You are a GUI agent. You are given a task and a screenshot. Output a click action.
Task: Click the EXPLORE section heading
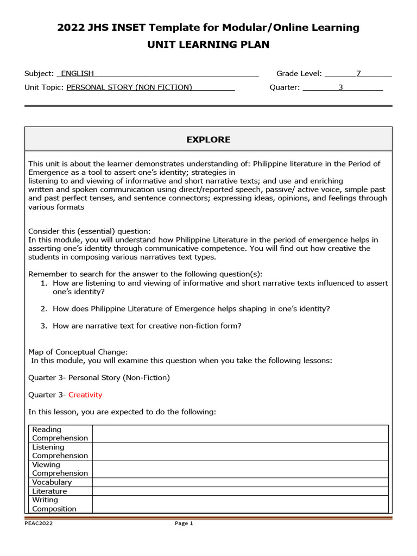point(208,140)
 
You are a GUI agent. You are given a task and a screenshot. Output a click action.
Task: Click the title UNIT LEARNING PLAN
point(208,45)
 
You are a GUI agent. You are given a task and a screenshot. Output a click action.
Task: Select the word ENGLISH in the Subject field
point(77,73)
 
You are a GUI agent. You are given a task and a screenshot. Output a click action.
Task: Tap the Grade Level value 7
point(358,73)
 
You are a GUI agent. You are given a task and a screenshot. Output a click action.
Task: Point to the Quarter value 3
point(341,87)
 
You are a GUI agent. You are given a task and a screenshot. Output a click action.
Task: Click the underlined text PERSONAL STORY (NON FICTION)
point(129,87)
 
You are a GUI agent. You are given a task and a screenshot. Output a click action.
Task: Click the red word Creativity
point(85,395)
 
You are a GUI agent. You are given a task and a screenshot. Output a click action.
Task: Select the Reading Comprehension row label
point(60,434)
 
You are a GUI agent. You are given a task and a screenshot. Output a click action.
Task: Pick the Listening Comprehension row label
point(60,451)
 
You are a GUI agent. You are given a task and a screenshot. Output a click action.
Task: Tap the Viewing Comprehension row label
point(60,469)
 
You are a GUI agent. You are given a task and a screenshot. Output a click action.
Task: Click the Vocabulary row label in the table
point(52,482)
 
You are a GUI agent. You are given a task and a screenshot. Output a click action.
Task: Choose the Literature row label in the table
point(50,491)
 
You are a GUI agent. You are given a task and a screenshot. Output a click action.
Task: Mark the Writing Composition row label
point(54,504)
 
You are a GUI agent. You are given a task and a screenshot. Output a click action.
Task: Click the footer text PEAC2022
point(39,523)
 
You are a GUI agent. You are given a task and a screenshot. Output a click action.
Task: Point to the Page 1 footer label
point(184,523)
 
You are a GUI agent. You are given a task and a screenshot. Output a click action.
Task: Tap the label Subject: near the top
point(39,73)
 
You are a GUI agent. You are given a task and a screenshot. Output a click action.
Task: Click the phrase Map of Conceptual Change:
point(78,352)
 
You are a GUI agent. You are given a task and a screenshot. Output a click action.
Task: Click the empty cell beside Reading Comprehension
point(240,434)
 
